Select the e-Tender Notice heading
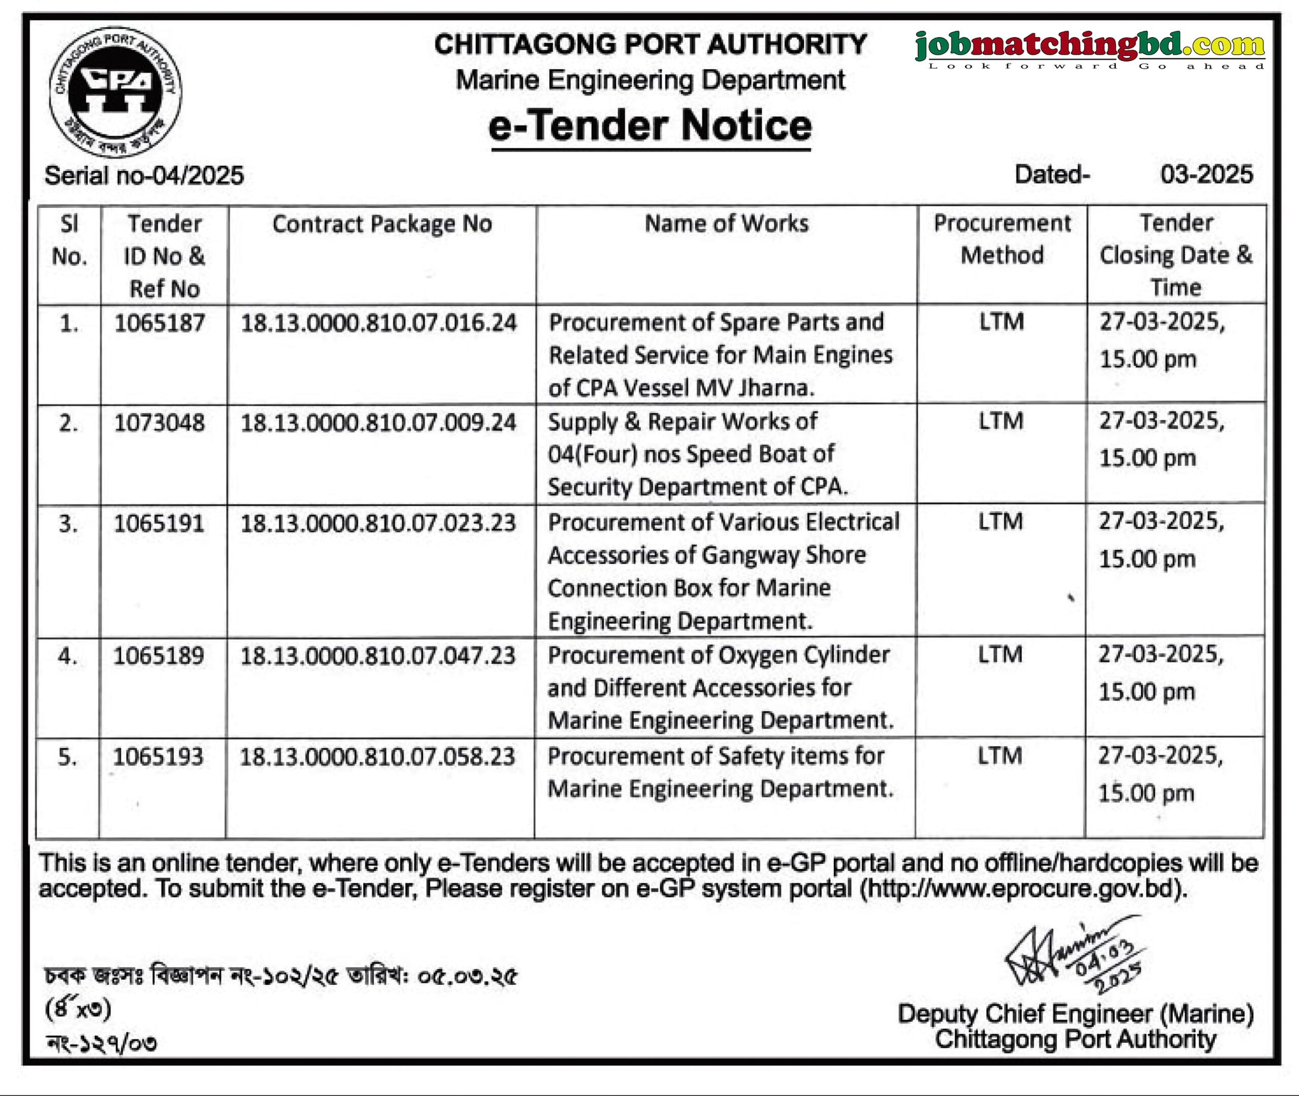[x=650, y=126]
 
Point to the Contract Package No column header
[x=382, y=224]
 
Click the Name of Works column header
[x=726, y=224]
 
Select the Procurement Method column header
[x=1002, y=239]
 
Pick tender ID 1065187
[x=160, y=323]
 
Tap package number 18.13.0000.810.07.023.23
[x=378, y=523]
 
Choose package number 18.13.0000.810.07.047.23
[x=378, y=656]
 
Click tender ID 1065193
[x=158, y=757]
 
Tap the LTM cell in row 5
[x=1000, y=756]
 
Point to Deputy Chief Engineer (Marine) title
[x=1075, y=1014]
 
